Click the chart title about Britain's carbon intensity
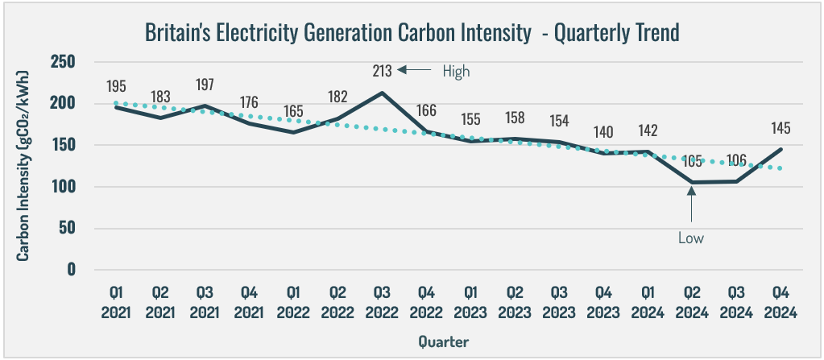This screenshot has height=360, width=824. [412, 32]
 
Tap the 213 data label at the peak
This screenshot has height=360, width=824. [382, 71]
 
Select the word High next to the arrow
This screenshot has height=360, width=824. [456, 71]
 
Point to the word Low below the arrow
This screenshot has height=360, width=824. [691, 238]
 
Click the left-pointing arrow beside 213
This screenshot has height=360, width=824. [418, 71]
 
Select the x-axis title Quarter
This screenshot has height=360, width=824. [443, 341]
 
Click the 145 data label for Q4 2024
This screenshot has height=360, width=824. [781, 127]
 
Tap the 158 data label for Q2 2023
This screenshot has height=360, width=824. [515, 118]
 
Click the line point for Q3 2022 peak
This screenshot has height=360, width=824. [382, 93]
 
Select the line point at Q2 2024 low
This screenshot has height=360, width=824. [691, 182]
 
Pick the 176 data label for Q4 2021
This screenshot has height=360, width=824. [249, 102]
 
